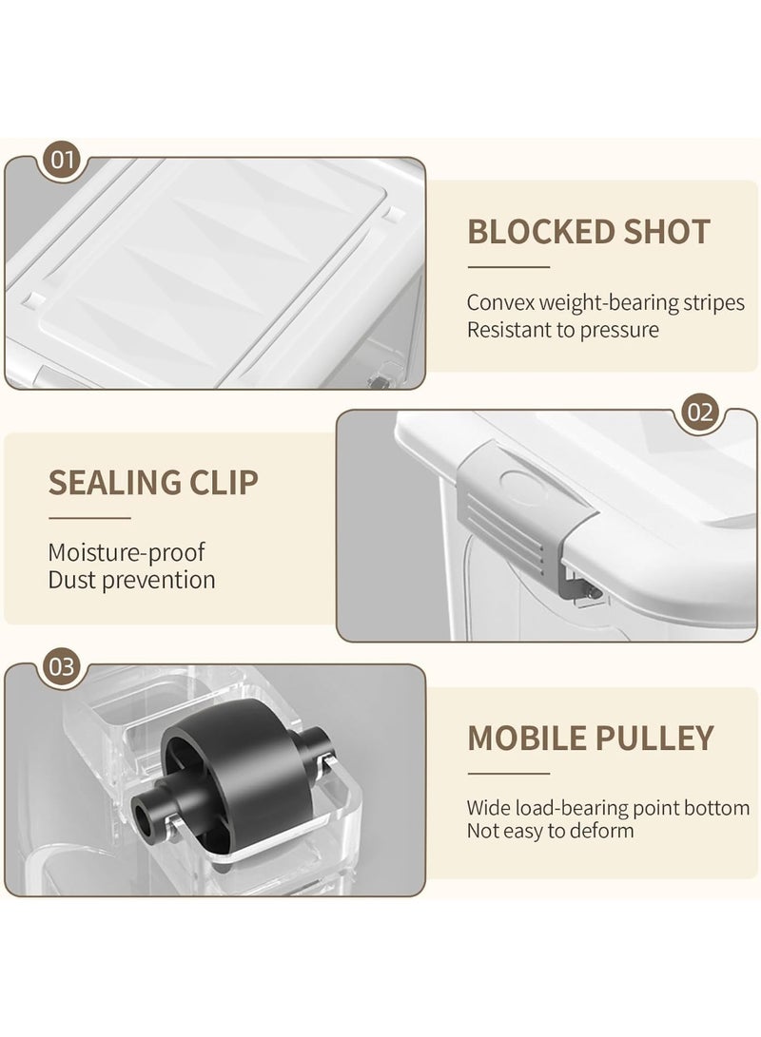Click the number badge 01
click(x=62, y=160)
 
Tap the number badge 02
click(x=700, y=413)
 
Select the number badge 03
click(x=62, y=666)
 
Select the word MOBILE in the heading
click(x=523, y=739)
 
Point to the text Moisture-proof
click(x=127, y=553)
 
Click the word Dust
click(x=72, y=580)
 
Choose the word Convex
click(x=500, y=303)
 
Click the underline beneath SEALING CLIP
click(x=89, y=519)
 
